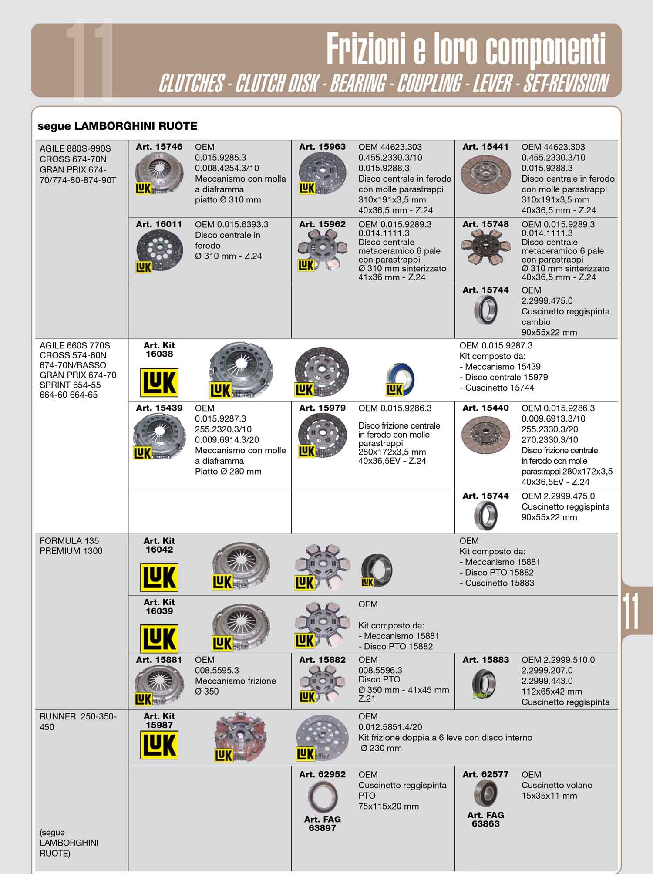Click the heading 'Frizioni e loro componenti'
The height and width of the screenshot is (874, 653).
point(465,49)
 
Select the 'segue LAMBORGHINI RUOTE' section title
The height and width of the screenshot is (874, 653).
point(118,126)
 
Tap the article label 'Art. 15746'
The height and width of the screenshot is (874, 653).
point(159,147)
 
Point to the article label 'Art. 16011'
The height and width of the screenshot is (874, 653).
point(159,224)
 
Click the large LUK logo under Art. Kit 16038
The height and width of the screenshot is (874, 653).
point(159,382)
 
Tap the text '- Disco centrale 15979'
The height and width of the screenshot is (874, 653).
point(504,377)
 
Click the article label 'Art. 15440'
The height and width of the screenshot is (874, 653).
point(485,408)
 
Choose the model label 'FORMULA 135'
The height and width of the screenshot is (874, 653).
point(69,541)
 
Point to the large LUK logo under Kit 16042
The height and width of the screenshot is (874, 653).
point(159,577)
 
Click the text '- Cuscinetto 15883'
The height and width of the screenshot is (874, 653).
point(497,583)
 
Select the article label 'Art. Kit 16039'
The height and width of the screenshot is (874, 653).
point(159,607)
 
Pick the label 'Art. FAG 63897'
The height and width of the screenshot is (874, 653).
point(322,823)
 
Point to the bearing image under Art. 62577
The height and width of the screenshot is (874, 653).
point(485,793)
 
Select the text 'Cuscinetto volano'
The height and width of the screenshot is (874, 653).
point(557,785)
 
